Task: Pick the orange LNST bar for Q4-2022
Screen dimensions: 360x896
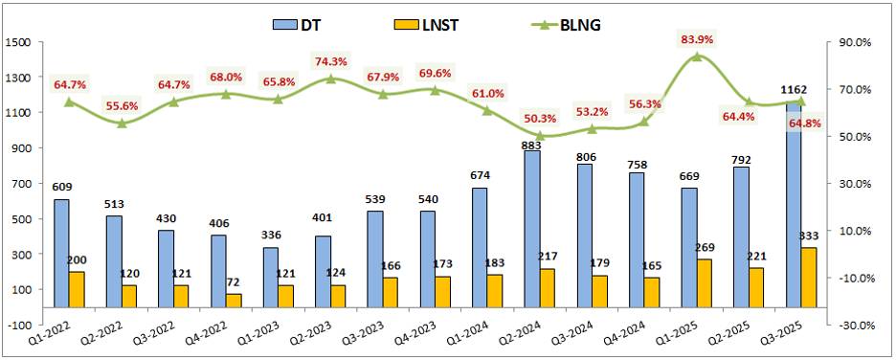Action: point(234,301)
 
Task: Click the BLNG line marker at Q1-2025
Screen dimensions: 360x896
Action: point(696,56)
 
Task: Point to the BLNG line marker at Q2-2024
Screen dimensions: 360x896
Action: point(539,136)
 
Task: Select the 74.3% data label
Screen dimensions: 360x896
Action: point(330,60)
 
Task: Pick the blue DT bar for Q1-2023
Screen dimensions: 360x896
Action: point(270,278)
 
